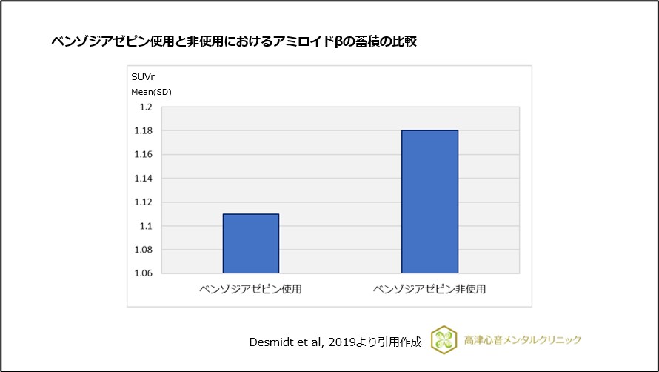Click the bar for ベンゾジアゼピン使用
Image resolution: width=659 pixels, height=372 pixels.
pyautogui.click(x=251, y=244)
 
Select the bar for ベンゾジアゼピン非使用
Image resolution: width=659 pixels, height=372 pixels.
pyautogui.click(x=429, y=202)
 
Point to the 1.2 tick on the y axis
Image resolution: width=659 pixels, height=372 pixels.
pyautogui.click(x=146, y=107)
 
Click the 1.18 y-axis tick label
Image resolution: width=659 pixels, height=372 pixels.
pyautogui.click(x=144, y=131)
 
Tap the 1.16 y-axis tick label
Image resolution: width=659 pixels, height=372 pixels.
pyautogui.click(x=144, y=155)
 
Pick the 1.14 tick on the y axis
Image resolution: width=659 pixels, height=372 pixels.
pyautogui.click(x=144, y=179)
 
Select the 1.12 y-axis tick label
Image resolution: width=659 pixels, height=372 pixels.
pyautogui.click(x=144, y=202)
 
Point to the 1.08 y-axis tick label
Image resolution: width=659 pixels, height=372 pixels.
pyautogui.click(x=144, y=250)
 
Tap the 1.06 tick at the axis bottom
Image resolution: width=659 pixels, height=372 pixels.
pyautogui.click(x=144, y=273)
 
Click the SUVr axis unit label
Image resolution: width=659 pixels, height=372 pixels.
pyautogui.click(x=143, y=77)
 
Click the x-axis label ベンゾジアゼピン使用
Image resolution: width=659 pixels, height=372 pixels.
pyautogui.click(x=250, y=288)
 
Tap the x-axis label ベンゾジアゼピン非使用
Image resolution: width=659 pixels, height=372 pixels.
pyautogui.click(x=429, y=288)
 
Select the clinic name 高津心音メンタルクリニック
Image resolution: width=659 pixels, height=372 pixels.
pyautogui.click(x=523, y=340)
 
